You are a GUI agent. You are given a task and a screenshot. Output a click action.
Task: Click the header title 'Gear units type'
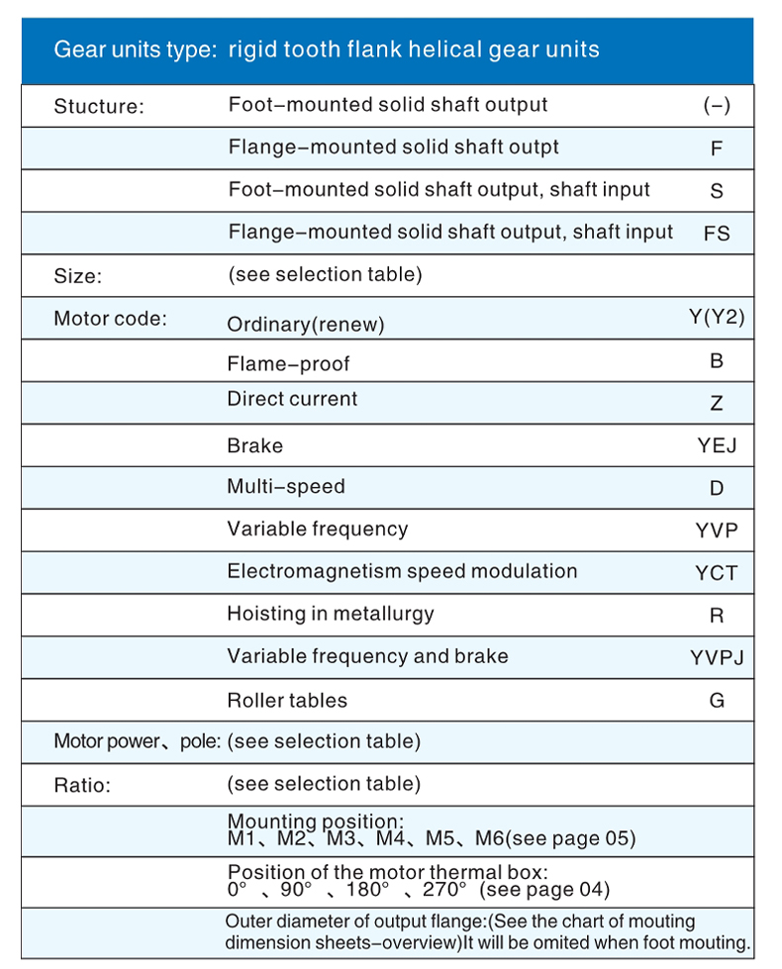tap(135, 49)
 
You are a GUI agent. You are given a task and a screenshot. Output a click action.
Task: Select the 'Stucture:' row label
tap(99, 107)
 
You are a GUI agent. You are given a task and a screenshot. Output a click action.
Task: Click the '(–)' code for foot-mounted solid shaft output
tap(717, 106)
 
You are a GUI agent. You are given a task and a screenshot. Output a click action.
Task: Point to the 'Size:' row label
tap(77, 276)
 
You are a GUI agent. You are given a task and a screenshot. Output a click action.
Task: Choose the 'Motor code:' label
tap(110, 319)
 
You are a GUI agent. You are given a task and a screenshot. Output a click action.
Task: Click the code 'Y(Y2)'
tap(717, 318)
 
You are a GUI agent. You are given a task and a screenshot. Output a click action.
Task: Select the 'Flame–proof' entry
tap(288, 364)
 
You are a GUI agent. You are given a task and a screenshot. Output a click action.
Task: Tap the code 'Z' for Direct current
tap(717, 404)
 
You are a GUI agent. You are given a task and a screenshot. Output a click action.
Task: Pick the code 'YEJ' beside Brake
tap(717, 445)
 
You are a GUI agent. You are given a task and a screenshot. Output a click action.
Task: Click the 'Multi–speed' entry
tap(286, 487)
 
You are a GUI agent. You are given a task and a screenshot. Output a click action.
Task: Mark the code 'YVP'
tap(717, 531)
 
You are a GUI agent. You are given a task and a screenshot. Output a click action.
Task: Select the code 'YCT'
tap(717, 573)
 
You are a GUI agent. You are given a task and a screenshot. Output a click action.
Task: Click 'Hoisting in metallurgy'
tap(331, 614)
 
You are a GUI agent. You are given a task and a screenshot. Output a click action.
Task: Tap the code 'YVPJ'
tap(717, 657)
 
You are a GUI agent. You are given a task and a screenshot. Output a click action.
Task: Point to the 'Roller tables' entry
tap(287, 701)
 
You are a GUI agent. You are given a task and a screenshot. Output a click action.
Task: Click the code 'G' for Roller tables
tap(717, 701)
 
